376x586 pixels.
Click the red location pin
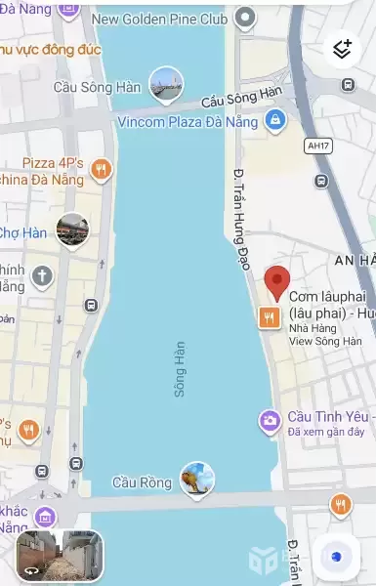[277, 282]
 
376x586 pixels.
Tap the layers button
[342, 48]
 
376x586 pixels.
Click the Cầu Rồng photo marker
[198, 479]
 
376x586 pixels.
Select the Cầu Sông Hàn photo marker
[167, 84]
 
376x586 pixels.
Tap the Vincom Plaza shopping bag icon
[275, 121]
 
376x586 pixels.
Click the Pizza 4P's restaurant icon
[100, 172]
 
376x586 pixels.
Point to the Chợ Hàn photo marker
[72, 230]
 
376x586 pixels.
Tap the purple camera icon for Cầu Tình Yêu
[270, 421]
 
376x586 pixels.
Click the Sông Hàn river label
[180, 368]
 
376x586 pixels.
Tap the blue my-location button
[336, 556]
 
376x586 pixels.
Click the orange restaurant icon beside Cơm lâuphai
[269, 315]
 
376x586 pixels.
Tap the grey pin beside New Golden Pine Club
[246, 18]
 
